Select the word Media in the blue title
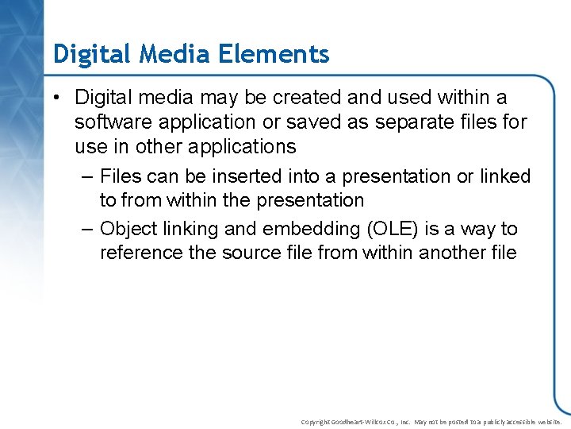166,54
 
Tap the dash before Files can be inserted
88,176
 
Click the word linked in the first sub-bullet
504,176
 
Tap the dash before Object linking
88,229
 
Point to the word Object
128,229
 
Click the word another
453,253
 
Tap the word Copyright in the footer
315,422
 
